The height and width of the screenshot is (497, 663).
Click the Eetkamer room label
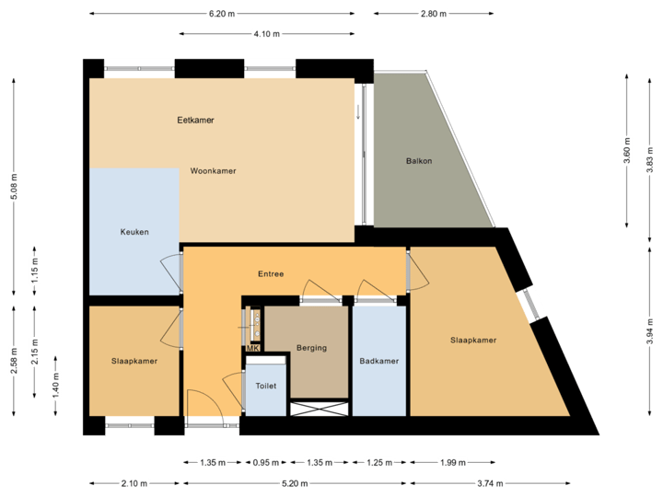[196, 120]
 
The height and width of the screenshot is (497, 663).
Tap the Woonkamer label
[214, 171]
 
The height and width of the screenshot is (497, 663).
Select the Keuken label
[134, 232]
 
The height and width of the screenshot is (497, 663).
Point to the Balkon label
[419, 161]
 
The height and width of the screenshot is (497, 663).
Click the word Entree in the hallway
[271, 274]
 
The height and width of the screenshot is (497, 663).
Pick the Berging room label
[312, 348]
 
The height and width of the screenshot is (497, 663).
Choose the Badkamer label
[379, 361]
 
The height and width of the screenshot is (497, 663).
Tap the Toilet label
[265, 386]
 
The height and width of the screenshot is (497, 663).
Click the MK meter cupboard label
[253, 348]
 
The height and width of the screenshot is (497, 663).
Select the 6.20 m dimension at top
[222, 14]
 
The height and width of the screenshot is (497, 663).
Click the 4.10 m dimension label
[267, 33]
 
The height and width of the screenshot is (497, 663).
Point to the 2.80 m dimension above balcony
[433, 14]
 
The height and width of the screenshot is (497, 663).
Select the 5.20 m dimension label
[295, 482]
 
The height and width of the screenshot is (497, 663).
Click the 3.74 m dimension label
[488, 482]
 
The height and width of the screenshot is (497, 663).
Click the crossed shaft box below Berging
[320, 409]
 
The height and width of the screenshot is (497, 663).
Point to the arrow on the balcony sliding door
[359, 112]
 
